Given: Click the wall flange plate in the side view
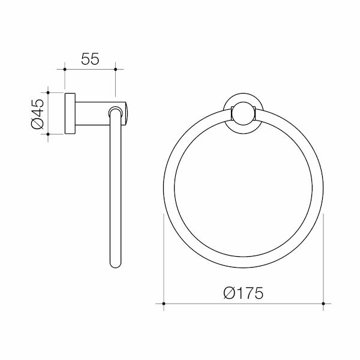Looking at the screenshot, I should click(x=70, y=114).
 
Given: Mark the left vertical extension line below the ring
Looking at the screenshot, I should click(x=164, y=258).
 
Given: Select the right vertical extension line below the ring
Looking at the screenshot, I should click(x=323, y=258).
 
